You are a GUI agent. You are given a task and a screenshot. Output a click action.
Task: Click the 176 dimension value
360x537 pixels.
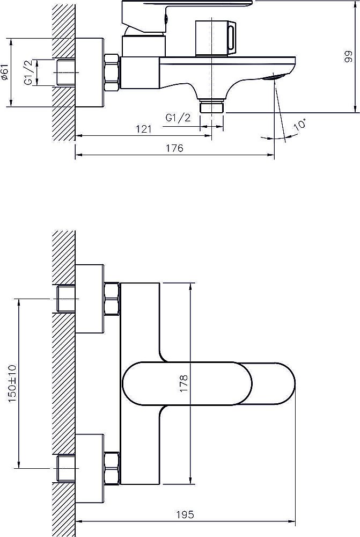coord(174,148)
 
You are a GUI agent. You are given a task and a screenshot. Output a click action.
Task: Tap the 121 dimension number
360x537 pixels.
coord(144,129)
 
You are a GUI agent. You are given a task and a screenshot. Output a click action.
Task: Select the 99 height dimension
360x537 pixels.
coord(348,56)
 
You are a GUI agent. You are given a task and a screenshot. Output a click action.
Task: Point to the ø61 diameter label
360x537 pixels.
coord(5,72)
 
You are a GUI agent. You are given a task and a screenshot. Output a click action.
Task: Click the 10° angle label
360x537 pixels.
coord(300,124)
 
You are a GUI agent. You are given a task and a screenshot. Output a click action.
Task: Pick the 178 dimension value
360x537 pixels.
coord(184,383)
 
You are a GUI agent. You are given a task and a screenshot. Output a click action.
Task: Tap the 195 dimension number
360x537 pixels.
coord(185,514)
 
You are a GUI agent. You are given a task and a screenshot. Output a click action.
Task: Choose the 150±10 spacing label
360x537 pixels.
coord(12,383)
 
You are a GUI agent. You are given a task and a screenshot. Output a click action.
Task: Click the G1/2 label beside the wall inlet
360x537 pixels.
coord(29,72)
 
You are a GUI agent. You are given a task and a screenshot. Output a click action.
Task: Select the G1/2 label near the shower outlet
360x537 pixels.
coord(178,118)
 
